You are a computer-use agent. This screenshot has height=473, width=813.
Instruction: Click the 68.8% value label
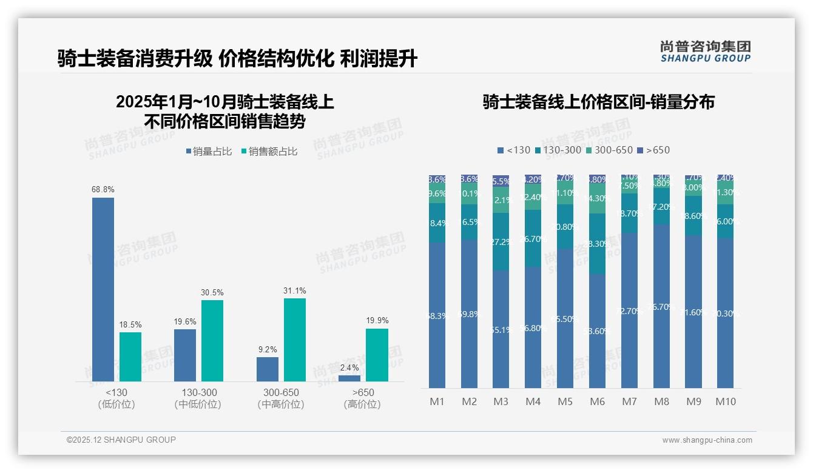pos(103,190)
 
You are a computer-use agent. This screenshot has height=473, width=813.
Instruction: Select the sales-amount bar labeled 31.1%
pos(294,340)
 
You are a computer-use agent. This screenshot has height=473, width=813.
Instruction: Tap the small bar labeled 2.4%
pos(349,378)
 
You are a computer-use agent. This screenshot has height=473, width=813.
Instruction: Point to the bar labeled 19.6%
pos(185,355)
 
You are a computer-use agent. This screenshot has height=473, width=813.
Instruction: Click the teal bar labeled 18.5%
pos(130,357)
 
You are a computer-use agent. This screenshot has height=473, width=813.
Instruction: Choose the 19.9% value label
pos(377,321)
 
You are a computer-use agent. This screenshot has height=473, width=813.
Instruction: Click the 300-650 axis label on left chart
pos(281,393)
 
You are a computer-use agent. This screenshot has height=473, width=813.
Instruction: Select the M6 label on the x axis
pos(597,401)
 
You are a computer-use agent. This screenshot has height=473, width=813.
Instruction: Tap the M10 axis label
pos(725,401)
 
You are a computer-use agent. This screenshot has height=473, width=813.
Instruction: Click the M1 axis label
pos(437,401)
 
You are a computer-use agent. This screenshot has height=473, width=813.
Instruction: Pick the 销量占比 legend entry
pos(209,152)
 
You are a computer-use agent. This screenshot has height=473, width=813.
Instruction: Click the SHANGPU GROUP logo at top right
pos(705,52)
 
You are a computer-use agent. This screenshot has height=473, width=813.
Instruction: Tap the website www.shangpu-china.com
pos(707,440)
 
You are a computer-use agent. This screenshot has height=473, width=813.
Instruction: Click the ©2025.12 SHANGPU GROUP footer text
pos(121,440)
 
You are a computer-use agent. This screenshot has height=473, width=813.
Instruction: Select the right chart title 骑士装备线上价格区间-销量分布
pos(598,102)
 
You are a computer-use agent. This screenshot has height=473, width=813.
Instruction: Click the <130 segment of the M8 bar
pos(661,306)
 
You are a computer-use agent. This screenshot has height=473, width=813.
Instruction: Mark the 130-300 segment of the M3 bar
pos(501,241)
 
